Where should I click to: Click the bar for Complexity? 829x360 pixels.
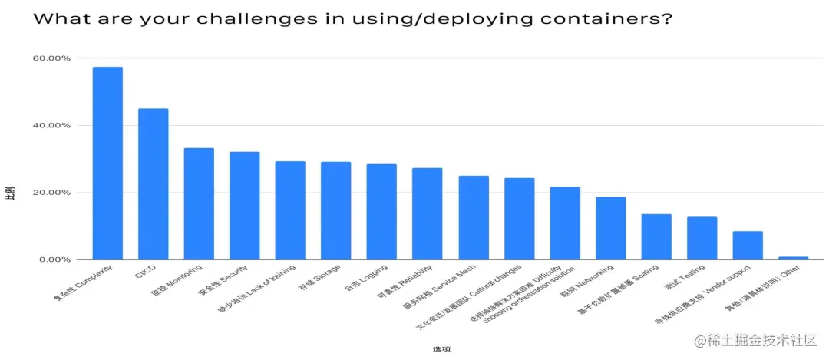[107, 163]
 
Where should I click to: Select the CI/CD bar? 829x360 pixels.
[153, 184]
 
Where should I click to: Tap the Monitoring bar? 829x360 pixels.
[199, 203]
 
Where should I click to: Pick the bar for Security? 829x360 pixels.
[245, 206]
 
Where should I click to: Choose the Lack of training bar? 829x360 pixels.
[290, 210]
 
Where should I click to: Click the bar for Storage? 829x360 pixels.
[336, 210]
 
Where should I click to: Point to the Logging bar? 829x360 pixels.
[381, 212]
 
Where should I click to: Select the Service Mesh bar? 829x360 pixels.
[474, 217]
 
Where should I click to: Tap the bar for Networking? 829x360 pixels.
[611, 228]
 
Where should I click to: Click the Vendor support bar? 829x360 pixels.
[748, 245]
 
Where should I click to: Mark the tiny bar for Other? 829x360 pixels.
[794, 258]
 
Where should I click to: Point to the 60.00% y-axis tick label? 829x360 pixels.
[52, 58]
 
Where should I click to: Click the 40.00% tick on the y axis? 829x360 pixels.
[52, 125]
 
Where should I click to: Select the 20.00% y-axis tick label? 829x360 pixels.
[52, 193]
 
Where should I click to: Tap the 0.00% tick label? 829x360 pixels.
[54, 259]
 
